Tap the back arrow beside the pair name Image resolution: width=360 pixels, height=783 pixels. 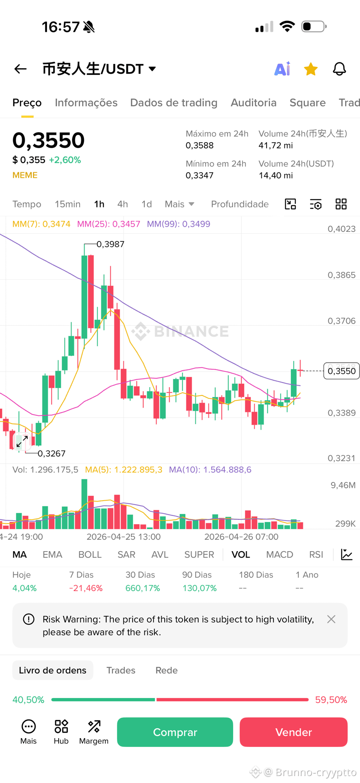pyautogui.click(x=20, y=69)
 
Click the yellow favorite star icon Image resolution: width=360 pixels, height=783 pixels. pyautogui.click(x=311, y=69)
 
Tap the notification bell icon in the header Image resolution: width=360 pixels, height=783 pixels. pyautogui.click(x=340, y=69)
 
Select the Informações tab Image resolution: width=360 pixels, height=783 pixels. pyautogui.click(x=86, y=103)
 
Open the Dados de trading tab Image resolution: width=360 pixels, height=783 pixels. pyautogui.click(x=174, y=103)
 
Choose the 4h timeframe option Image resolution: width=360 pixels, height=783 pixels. pyautogui.click(x=123, y=204)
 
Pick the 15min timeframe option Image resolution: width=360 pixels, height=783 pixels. pyautogui.click(x=67, y=204)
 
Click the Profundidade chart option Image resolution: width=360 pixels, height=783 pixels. pyautogui.click(x=240, y=204)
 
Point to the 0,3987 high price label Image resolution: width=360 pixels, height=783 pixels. pyautogui.click(x=110, y=244)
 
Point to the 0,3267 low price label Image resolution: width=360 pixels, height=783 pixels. pyautogui.click(x=52, y=454)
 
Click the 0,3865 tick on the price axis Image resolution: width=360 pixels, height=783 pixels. pyautogui.click(x=342, y=275)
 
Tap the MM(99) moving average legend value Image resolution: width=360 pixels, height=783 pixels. pyautogui.click(x=179, y=224)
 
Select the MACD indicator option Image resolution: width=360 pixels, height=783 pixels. pyautogui.click(x=280, y=555)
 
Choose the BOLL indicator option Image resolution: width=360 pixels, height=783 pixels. pyautogui.click(x=90, y=555)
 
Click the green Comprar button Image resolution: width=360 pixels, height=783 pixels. pyautogui.click(x=175, y=732)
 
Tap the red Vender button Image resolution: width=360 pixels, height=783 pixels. pyautogui.click(x=293, y=732)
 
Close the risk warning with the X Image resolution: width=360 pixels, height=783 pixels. pyautogui.click(x=331, y=619)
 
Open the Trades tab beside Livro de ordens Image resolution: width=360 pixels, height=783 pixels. pyautogui.click(x=121, y=670)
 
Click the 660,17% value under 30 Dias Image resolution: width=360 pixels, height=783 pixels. pyautogui.click(x=143, y=589)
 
